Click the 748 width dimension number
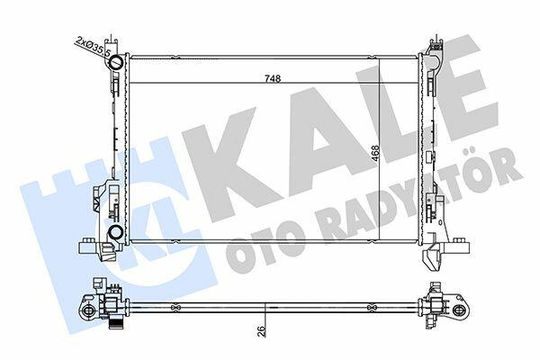point(273,78)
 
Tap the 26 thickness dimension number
point(262,331)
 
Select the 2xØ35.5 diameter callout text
point(93,47)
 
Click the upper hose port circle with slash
point(116,62)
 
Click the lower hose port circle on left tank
point(114,232)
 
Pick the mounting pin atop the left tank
point(112,40)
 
